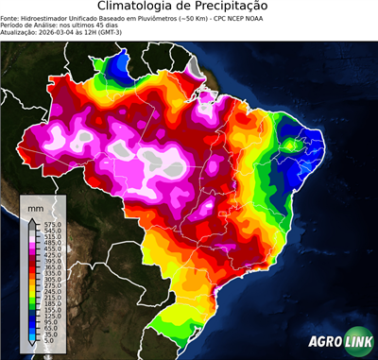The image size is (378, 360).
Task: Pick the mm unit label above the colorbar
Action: (36, 204)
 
